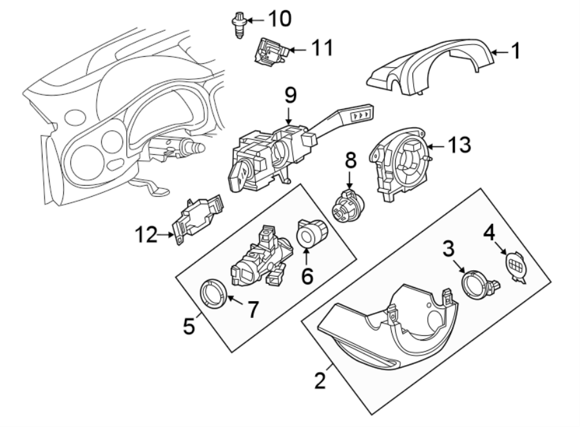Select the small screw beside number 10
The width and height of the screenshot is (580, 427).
(x=238, y=25)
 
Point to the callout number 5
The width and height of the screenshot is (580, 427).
(x=188, y=326)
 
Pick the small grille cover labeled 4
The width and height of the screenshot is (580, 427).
(x=517, y=265)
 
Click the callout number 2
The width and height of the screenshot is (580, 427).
(x=319, y=381)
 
